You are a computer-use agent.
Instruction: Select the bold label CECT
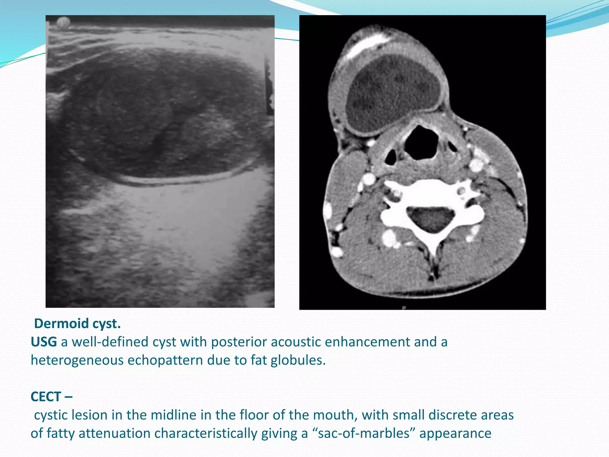[x=46, y=397]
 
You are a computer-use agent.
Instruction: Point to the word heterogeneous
[x=77, y=360]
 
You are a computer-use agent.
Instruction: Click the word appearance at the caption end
[x=455, y=433]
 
